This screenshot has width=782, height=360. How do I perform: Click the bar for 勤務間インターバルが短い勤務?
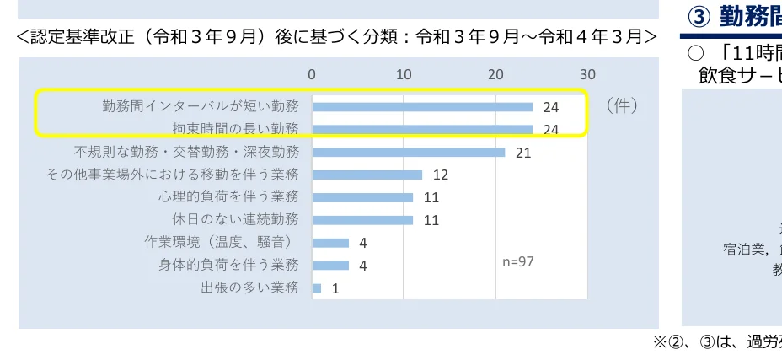click(x=422, y=107)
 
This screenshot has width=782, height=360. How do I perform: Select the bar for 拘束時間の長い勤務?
click(x=422, y=130)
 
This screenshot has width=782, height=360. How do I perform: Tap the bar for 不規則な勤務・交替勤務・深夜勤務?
click(x=409, y=153)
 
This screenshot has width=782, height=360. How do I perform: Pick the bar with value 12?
click(x=367, y=175)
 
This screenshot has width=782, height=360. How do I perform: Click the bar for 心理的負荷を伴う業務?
click(x=362, y=197)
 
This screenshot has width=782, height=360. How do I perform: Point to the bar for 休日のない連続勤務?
click(x=362, y=220)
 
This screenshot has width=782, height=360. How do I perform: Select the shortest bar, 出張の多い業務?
click(x=317, y=287)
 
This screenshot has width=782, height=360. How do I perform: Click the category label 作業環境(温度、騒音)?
click(x=221, y=243)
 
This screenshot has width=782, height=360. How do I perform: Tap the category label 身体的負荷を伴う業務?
click(x=228, y=265)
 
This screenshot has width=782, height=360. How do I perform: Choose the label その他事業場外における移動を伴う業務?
click(x=172, y=175)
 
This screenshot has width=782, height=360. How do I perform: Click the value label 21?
click(x=523, y=153)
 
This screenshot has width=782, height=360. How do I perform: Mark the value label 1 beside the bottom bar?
click(x=335, y=288)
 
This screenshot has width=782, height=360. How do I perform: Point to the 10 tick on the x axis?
click(x=404, y=74)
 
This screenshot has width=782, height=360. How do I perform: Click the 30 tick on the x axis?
click(x=586, y=74)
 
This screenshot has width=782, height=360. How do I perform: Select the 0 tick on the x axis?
click(x=312, y=74)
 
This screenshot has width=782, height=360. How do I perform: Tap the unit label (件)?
click(x=621, y=106)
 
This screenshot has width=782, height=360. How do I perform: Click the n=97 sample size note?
click(x=518, y=261)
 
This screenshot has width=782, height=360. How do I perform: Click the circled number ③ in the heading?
click(x=699, y=16)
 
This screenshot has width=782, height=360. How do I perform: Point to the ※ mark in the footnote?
click(x=661, y=342)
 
